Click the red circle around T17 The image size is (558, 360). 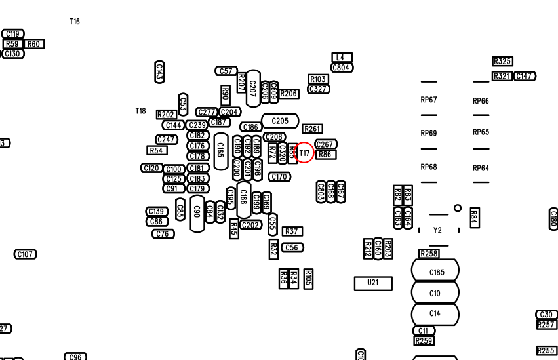[304, 153]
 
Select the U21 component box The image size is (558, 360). [373, 283]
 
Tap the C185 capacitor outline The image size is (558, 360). [435, 272]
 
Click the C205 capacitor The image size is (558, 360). [280, 121]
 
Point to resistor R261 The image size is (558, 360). [313, 129]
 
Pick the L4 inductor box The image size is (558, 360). [342, 58]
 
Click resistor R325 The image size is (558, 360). [502, 62]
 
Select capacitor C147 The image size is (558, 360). [524, 76]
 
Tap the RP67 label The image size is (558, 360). [428, 100]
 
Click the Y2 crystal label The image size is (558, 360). [437, 231]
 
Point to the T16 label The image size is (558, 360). [75, 22]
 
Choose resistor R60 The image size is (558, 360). [34, 44]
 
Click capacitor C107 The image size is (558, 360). [26, 254]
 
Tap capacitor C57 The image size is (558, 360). [226, 71]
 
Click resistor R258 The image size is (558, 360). [429, 254]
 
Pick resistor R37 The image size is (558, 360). [292, 231]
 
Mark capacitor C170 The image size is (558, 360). [279, 177]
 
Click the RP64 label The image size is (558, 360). [481, 169]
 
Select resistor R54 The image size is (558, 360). [156, 151]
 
